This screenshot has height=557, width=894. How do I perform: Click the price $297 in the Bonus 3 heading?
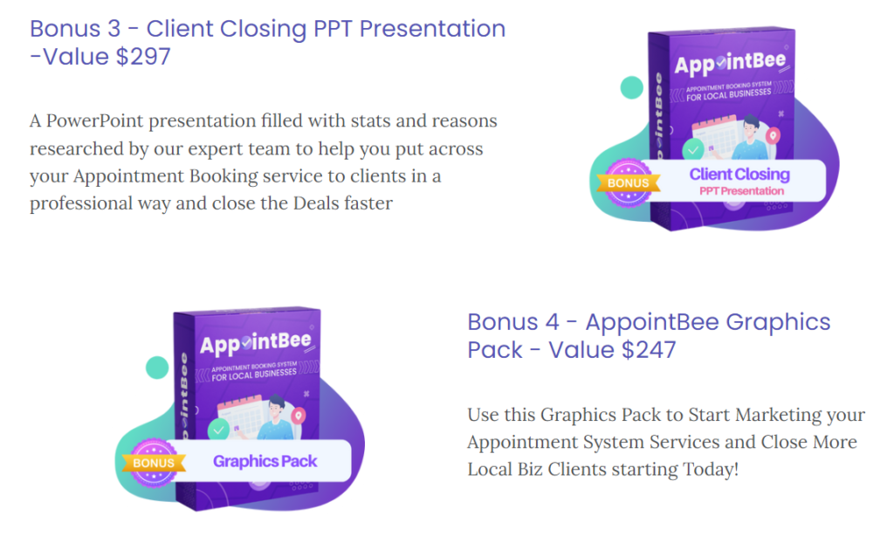pos(143,57)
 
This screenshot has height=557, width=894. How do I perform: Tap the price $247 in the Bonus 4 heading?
pos(649,349)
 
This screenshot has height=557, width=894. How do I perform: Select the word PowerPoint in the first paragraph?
pos(94,120)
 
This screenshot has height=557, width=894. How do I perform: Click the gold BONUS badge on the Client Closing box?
pos(629,183)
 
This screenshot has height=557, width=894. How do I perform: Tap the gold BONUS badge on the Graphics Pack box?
pos(154,463)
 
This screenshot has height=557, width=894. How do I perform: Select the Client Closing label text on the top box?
pos(739,174)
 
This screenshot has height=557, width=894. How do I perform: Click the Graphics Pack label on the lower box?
pos(265,461)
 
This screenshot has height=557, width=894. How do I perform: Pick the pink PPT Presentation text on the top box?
pos(741,191)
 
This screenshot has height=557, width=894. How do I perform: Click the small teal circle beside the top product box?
pos(632,88)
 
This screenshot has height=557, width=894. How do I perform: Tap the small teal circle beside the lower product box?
pos(157,368)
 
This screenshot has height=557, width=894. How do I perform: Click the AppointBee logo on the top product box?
pos(730,63)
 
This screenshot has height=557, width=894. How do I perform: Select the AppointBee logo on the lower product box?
pos(256,344)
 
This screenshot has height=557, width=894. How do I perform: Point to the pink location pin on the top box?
pos(774,135)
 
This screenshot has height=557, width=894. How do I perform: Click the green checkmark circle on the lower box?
pos(218,430)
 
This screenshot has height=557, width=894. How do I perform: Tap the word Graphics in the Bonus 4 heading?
pos(778,323)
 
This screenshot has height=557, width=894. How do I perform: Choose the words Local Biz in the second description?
pos(505,469)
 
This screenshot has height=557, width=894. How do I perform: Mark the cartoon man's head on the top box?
pos(750,124)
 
